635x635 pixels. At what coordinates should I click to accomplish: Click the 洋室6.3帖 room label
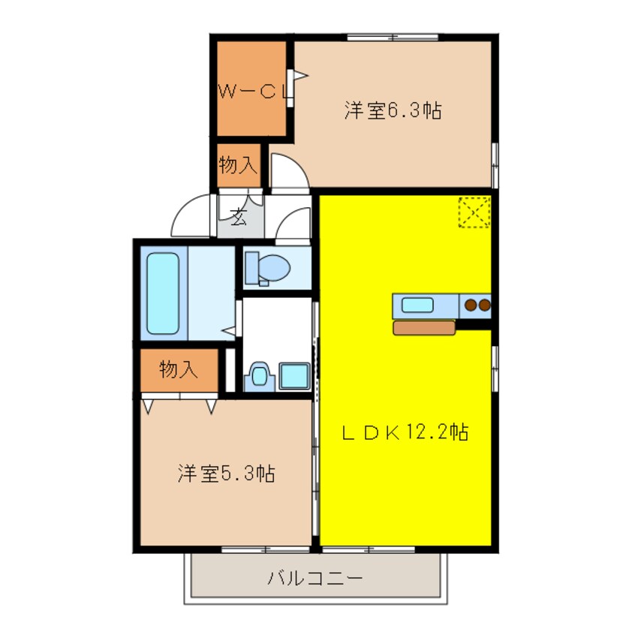(393, 111)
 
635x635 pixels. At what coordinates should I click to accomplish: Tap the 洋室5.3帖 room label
(226, 474)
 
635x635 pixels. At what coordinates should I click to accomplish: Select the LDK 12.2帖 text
(405, 432)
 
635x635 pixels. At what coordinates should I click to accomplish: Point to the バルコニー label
(315, 579)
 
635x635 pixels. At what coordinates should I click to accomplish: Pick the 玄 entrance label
(239, 218)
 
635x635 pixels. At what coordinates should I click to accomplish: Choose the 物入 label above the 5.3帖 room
(179, 369)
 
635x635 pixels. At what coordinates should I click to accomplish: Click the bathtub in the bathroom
(163, 293)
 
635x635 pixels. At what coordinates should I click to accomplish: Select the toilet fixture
(269, 267)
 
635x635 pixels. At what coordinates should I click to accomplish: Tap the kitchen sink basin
(417, 305)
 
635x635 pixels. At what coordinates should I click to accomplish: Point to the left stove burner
(471, 305)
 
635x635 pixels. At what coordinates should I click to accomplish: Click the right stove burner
(485, 305)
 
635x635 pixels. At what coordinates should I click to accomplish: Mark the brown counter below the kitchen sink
(423, 327)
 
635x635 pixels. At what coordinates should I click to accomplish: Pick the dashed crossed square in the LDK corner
(474, 212)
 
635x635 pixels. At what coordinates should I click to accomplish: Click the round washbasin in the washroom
(259, 375)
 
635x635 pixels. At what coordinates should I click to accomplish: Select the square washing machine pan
(293, 375)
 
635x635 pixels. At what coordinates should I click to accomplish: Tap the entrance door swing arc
(192, 215)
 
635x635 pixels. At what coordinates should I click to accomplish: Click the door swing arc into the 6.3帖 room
(288, 170)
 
